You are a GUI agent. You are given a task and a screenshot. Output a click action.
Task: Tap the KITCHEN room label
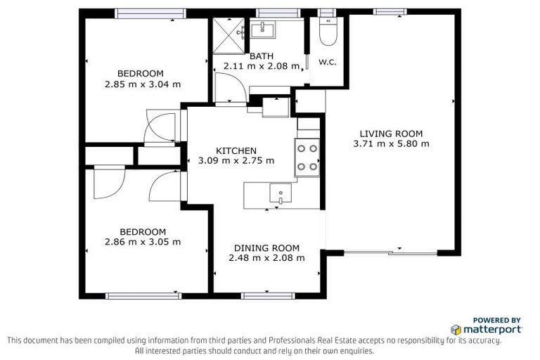(x=236, y=150)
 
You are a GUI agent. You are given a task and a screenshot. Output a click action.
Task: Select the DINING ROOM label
(x=266, y=247)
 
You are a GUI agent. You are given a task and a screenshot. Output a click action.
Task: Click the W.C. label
(x=328, y=62)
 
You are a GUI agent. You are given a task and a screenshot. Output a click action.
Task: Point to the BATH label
(x=261, y=56)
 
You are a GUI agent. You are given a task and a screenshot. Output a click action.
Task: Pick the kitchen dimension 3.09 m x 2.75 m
(x=236, y=160)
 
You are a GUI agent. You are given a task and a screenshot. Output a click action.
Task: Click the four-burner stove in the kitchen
(x=307, y=157)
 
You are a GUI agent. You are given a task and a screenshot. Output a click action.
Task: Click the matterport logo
(x=487, y=329)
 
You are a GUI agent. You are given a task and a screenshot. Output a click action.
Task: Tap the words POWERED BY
(x=496, y=319)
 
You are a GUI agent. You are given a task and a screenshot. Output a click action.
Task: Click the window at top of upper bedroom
(x=150, y=12)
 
